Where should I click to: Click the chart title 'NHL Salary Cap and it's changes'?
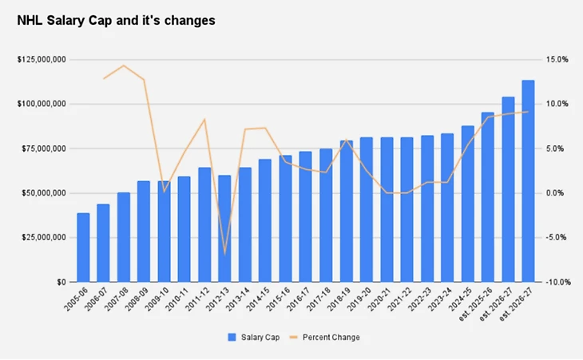click(116, 22)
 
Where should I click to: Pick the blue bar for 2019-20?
click(367, 209)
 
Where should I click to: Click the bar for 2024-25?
click(467, 204)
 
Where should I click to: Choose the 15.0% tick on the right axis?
click(557, 60)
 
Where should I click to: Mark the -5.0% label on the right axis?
click(557, 238)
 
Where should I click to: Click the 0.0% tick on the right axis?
click(557, 193)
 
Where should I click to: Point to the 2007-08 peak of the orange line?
click(124, 65)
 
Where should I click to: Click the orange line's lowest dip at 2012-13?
click(225, 254)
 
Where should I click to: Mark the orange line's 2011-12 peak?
click(205, 120)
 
